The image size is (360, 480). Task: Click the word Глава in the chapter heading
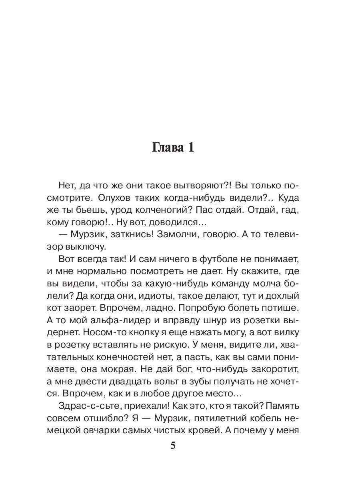(x=167, y=148)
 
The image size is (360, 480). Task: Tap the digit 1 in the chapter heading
(x=190, y=148)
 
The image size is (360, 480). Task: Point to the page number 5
(x=173, y=446)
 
